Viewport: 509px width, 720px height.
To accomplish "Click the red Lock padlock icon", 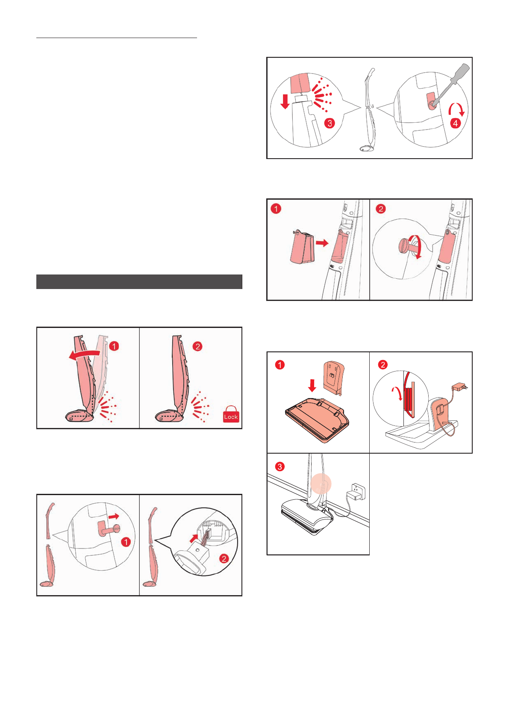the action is [x=231, y=414].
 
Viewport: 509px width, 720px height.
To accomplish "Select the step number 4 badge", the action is [x=456, y=123].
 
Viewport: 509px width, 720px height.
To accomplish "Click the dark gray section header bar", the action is [x=139, y=282].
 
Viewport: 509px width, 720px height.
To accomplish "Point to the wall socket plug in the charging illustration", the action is [x=357, y=491].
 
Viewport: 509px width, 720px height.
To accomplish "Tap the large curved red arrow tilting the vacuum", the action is [x=85, y=354].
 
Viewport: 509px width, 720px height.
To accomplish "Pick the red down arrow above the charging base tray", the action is [x=312, y=385].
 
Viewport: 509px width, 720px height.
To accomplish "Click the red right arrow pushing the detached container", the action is [x=322, y=243].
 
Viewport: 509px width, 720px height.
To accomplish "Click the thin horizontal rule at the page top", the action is [x=117, y=38].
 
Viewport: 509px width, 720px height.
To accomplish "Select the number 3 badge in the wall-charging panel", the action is [x=280, y=466].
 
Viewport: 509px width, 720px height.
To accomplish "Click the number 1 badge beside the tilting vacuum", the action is [x=114, y=346].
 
